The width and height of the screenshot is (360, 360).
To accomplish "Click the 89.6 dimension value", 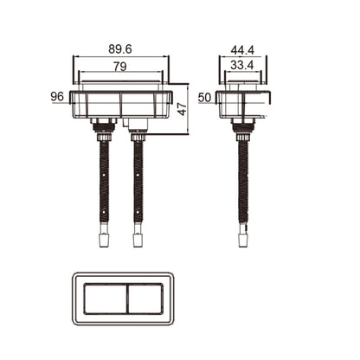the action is tap(120, 49).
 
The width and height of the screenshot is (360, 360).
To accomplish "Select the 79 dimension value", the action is tap(120, 67).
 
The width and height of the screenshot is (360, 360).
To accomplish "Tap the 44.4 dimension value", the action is tap(242, 50).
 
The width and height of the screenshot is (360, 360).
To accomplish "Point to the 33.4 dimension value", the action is tap(242, 66).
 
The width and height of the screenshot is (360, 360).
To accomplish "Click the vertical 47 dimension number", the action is tap(182, 109).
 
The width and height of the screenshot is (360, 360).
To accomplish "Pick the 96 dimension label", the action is tap(57, 96).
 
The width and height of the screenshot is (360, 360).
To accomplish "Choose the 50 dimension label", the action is tap(204, 98).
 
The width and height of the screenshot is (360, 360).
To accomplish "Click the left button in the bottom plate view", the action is tap(105, 299).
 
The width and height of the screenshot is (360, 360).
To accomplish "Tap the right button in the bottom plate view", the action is tap(145, 299).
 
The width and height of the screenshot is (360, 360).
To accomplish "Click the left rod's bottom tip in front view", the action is tap(104, 247).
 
